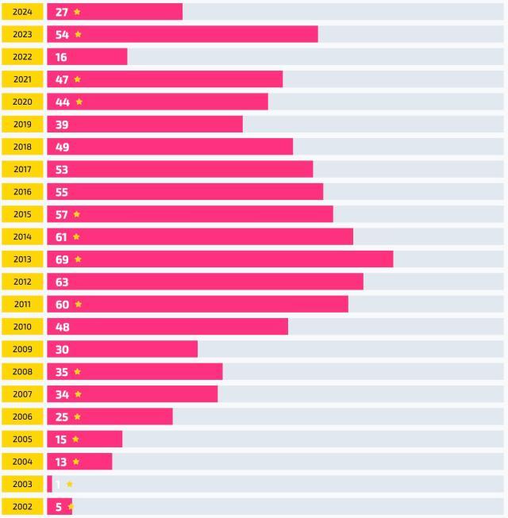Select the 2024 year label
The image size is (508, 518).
tap(22, 12)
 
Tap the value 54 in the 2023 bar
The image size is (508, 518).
tap(62, 35)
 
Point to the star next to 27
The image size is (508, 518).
tap(77, 12)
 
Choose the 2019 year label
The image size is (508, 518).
tap(22, 125)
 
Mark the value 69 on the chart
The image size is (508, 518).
tap(62, 259)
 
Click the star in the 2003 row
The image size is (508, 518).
tap(70, 484)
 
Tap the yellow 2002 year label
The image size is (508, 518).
tap(22, 506)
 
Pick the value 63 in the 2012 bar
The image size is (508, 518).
tap(62, 282)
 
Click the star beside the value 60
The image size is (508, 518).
tap(78, 304)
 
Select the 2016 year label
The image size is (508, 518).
tap(22, 192)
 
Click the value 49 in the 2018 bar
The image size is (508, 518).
tap(62, 147)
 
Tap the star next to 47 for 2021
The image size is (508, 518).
tap(77, 79)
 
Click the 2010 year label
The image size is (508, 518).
tap(22, 327)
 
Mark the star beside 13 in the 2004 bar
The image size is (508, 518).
tap(76, 462)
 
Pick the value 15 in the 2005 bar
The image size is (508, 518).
tap(61, 439)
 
